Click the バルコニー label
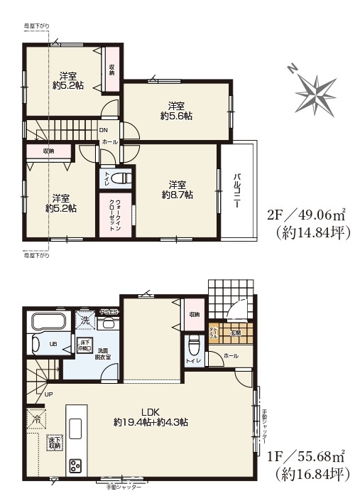pos(236,190)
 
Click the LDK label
pos(149,411)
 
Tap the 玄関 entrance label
pos(235,332)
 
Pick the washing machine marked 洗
pos(85,320)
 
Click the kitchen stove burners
pos(75,466)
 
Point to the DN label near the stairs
pos(103,130)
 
